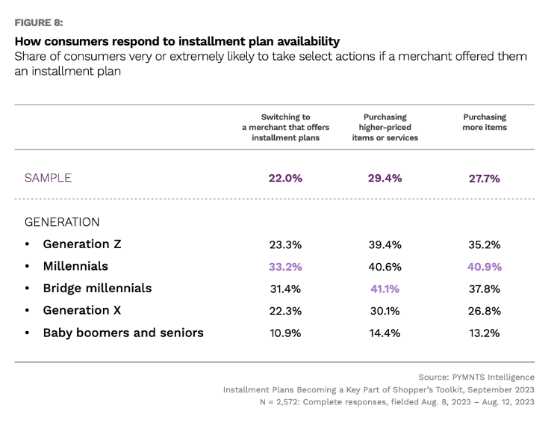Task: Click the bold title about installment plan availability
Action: [177, 41]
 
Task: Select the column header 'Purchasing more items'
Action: [485, 122]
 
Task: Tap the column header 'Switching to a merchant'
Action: [285, 127]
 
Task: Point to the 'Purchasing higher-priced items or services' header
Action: [385, 127]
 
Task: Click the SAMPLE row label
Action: [48, 178]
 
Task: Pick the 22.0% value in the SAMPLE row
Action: [285, 178]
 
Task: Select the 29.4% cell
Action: [385, 178]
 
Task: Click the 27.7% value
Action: [485, 178]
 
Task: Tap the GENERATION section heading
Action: [62, 222]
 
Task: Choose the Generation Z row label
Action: [82, 244]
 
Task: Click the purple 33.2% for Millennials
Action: [285, 267]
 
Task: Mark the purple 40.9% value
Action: [485, 267]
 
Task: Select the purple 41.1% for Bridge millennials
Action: [385, 289]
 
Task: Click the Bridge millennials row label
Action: [97, 289]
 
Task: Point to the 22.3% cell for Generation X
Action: [285, 311]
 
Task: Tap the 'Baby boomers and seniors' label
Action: [123, 333]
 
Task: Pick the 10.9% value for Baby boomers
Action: [285, 333]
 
